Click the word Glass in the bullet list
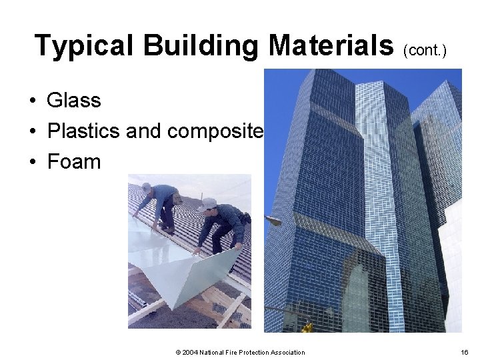tap(73, 101)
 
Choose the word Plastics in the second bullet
tap(83, 131)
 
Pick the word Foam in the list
tap(73, 162)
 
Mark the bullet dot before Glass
tap(32, 101)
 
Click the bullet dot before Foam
tap(32, 163)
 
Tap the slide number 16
tap(464, 352)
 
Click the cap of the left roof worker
tap(147, 187)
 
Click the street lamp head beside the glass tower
tap(273, 221)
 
